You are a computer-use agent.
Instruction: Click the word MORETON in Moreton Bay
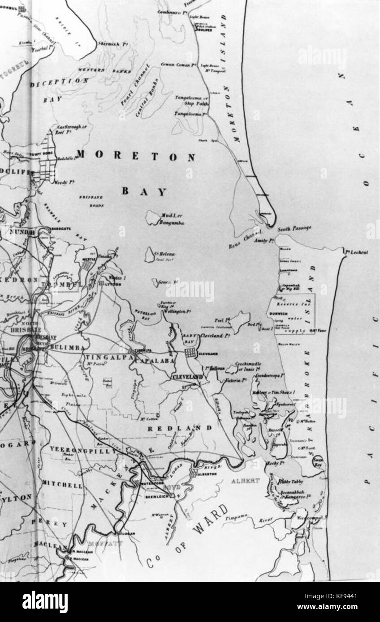[136, 157]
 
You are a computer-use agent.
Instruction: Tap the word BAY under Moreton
[144, 192]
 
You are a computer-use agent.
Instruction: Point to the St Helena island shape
[148, 256]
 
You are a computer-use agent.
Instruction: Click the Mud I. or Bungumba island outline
[153, 218]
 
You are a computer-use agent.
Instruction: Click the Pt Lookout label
[357, 252]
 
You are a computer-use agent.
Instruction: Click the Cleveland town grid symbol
[190, 354]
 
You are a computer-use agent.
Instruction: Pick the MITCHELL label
[62, 485]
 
